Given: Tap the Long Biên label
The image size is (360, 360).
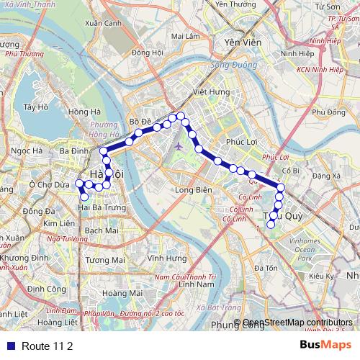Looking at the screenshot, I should tap(192, 190).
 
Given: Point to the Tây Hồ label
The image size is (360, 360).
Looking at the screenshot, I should tap(35, 107).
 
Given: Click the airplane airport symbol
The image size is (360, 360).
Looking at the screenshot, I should tap(179, 147).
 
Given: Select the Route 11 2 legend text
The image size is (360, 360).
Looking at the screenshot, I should tap(48, 346).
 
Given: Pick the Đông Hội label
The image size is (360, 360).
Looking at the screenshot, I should tap(148, 52).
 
